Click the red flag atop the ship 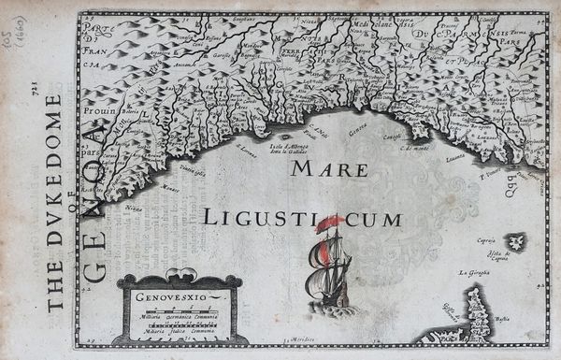click(x=329, y=223)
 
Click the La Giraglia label click(x=475, y=273)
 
